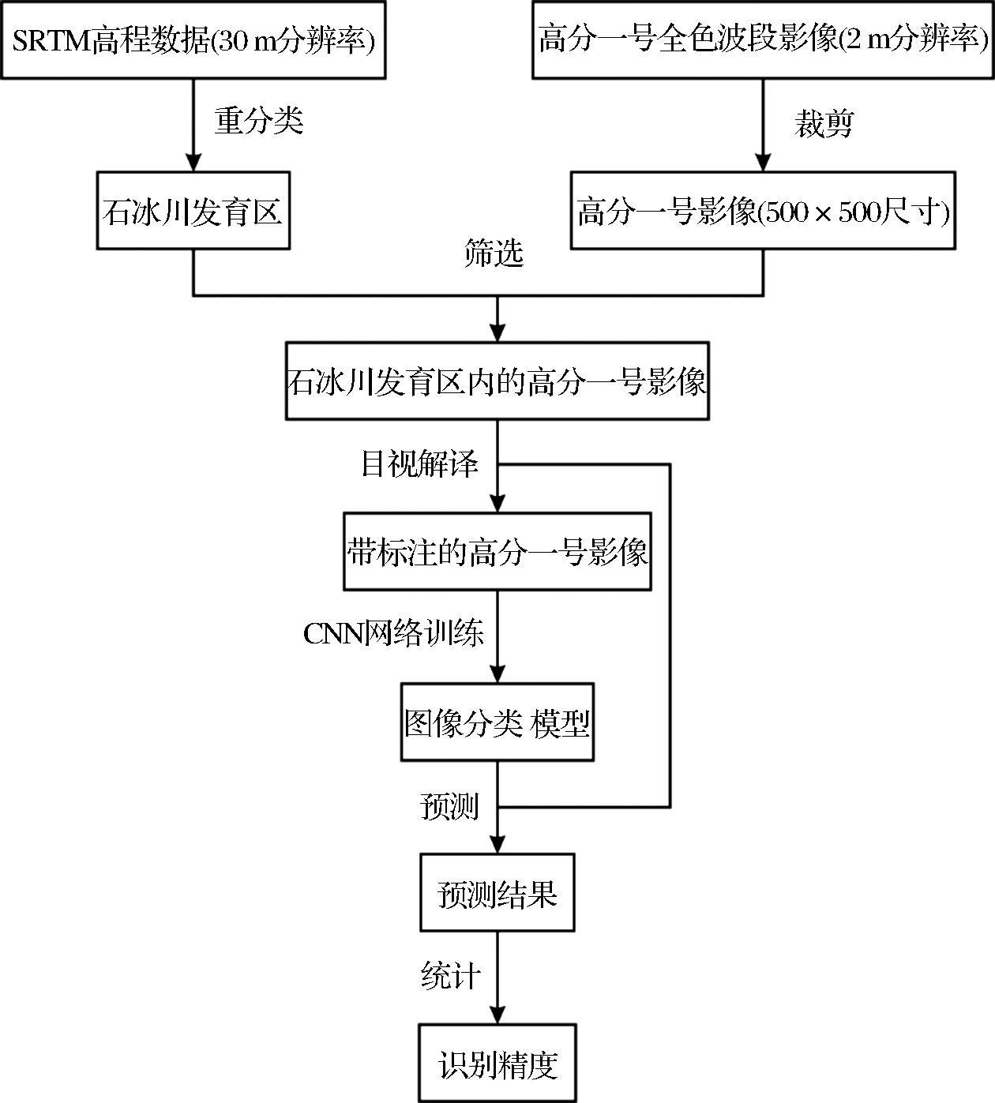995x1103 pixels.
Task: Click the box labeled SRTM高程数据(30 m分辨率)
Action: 193,39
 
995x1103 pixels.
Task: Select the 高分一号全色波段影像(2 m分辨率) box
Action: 763,39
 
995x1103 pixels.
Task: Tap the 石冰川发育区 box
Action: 193,211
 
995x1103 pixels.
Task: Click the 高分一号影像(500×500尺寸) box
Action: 763,211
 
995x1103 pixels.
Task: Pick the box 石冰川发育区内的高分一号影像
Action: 497,381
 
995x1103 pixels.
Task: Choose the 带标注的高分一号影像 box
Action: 497,552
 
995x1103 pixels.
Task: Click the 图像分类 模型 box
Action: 497,722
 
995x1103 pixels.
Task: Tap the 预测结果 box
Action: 497,893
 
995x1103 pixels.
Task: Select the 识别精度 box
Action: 497,1064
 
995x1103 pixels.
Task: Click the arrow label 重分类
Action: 259,121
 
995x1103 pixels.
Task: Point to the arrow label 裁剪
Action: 824,124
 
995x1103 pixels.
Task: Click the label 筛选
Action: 494,253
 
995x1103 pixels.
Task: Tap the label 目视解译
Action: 419,464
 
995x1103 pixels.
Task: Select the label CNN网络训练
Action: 393,633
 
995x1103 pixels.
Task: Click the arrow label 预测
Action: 449,806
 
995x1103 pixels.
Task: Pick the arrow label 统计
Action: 450,976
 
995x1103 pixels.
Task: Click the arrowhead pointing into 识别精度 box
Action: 497,1015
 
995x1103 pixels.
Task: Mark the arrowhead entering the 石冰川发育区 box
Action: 193,163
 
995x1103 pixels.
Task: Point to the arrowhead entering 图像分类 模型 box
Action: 497,673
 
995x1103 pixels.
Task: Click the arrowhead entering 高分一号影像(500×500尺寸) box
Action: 763,163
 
